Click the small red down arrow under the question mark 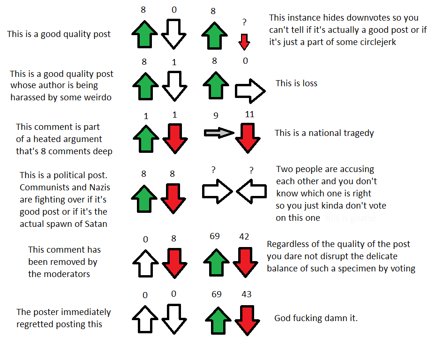click(x=243, y=42)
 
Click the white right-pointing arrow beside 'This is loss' click(x=250, y=91)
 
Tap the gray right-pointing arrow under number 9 click(x=219, y=133)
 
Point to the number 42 click(x=244, y=237)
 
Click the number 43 click(x=246, y=294)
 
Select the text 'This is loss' click(x=296, y=83)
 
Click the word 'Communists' click(x=42, y=187)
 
